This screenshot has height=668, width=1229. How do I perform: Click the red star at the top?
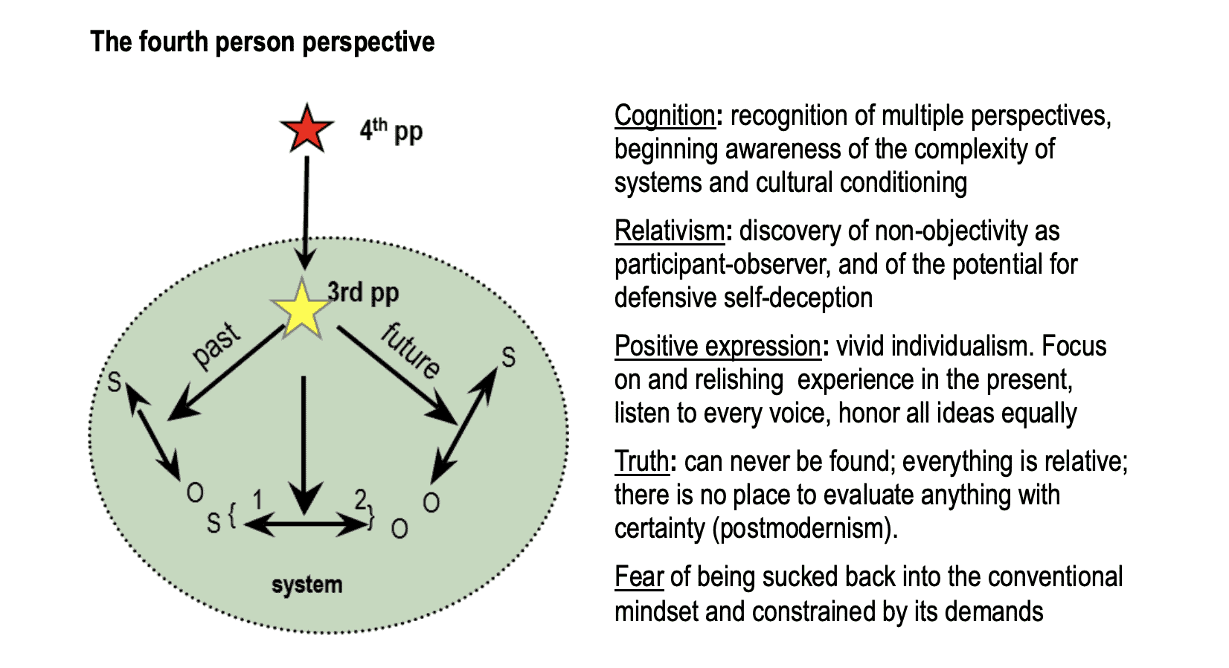click(x=307, y=129)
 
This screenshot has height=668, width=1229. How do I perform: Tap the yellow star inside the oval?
click(x=301, y=310)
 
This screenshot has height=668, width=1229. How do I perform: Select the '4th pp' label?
click(x=391, y=131)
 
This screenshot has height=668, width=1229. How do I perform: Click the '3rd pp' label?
click(x=363, y=292)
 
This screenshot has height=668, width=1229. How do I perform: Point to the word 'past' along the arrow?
click(x=216, y=346)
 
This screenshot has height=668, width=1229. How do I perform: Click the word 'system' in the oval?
click(x=307, y=585)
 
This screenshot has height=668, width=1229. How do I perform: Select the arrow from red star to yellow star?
click(x=305, y=212)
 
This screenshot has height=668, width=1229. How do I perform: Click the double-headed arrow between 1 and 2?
click(x=305, y=525)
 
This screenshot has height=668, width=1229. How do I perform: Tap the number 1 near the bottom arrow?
click(x=257, y=500)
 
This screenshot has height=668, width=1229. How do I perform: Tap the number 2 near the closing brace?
click(x=360, y=499)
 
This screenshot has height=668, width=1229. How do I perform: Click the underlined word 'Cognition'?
click(x=664, y=116)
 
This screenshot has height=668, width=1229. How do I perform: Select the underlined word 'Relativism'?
click(x=669, y=231)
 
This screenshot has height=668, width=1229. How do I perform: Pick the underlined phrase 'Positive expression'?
click(x=717, y=347)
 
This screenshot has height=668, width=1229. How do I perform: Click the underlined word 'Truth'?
click(x=641, y=462)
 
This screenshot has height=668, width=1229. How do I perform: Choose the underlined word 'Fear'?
click(x=638, y=577)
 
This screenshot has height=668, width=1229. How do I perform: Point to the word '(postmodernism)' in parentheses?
click(x=804, y=529)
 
